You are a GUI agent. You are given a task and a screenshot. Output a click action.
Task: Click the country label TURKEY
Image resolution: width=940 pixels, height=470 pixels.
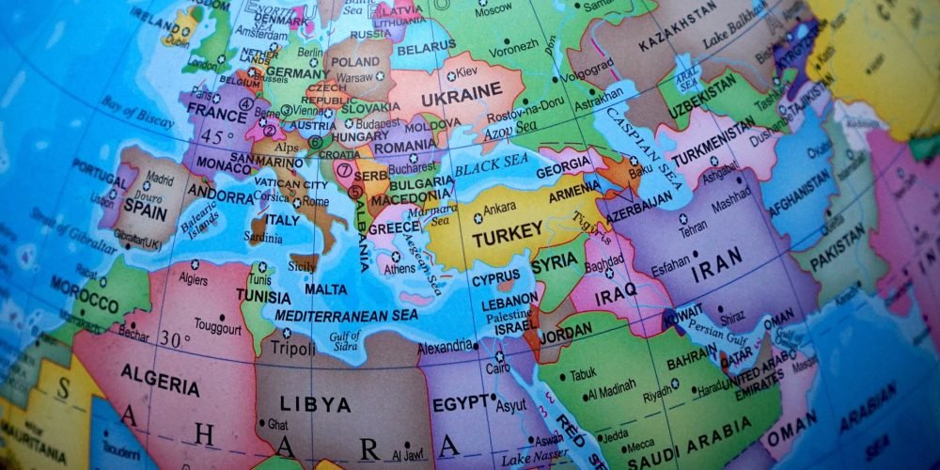click(x=508, y=232)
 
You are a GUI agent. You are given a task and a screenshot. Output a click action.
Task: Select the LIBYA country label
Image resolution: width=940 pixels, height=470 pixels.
click(x=315, y=405)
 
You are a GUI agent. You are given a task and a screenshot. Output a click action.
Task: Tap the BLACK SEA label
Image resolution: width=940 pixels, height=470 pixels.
click(x=492, y=166)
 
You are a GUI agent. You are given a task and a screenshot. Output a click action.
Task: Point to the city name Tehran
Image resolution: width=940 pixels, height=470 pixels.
click(x=694, y=228)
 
